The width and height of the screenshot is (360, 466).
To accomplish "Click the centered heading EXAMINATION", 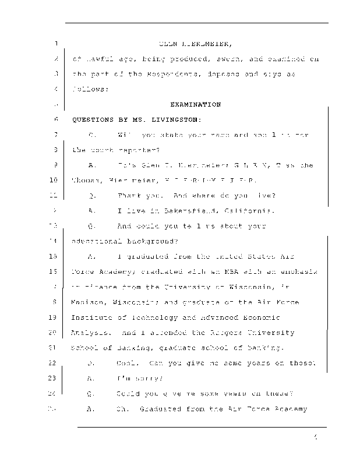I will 195,105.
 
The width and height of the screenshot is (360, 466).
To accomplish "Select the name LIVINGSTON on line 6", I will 177,120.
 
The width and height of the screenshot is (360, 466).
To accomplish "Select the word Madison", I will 86,302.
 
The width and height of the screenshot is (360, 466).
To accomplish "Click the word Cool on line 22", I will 127,363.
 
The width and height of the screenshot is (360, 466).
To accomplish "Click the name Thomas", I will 86,181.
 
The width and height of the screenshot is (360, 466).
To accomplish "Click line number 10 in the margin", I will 54,181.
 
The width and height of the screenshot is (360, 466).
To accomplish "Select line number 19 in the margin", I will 54,318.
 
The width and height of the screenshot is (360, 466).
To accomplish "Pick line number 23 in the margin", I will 54,378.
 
